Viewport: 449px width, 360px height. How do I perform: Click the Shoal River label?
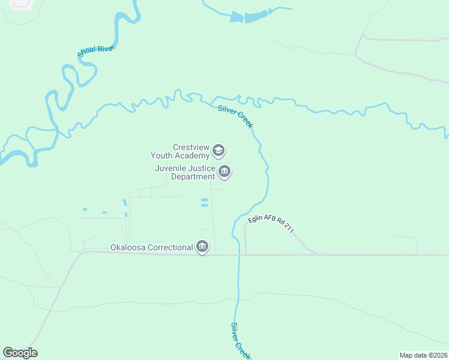pos(96,52)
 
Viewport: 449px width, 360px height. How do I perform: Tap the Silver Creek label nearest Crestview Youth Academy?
pos(236,116)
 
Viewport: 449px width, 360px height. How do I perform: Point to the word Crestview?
pos(190,147)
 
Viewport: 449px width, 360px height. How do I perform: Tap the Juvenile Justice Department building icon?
pos(224,172)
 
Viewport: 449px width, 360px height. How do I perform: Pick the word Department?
pos(193,176)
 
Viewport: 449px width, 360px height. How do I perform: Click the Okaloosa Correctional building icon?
pos(202,247)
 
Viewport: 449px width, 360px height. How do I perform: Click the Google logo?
pos(20,353)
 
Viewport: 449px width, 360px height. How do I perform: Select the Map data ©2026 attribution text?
pos(423,355)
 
